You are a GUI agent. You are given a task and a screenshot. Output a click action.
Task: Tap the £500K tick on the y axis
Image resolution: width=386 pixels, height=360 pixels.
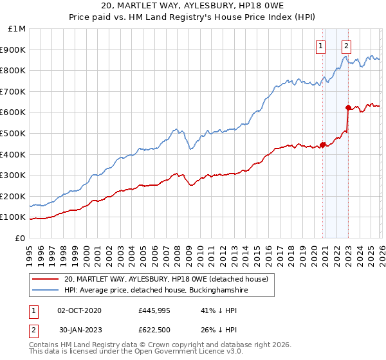[14, 133]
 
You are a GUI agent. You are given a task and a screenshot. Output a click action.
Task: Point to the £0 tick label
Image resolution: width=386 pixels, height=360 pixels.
[20, 238]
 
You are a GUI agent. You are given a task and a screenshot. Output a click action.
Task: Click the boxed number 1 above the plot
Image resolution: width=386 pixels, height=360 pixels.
[320, 45]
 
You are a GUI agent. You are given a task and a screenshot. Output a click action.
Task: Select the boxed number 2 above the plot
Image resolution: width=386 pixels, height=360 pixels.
[346, 45]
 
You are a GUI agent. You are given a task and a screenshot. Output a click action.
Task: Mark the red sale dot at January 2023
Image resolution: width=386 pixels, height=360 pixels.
[348, 107]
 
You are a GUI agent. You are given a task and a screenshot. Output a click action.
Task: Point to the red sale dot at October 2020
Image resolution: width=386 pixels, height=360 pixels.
[322, 144]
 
